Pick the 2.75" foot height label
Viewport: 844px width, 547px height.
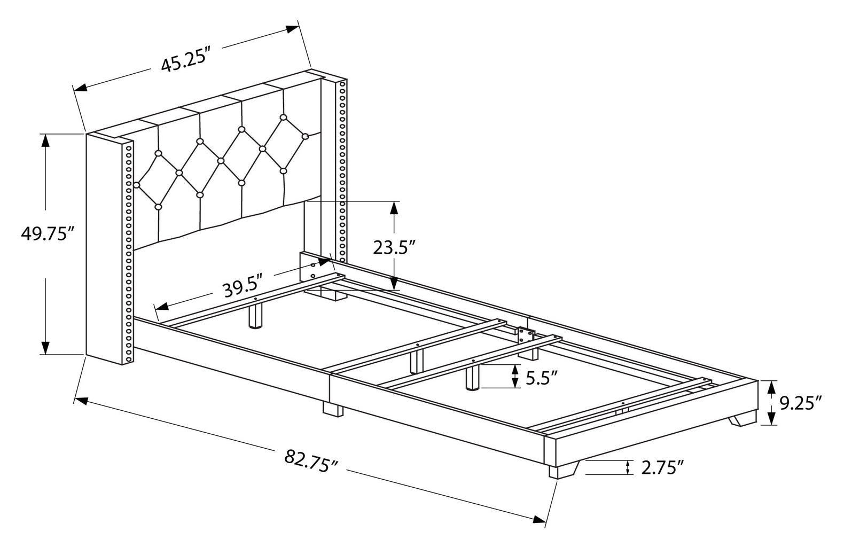pyautogui.click(x=663, y=468)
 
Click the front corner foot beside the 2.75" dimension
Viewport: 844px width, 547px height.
pyautogui.click(x=563, y=470)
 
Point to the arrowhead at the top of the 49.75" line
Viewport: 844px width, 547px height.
pyautogui.click(x=46, y=140)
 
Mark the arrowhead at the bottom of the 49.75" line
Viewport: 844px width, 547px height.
pyautogui.click(x=46, y=348)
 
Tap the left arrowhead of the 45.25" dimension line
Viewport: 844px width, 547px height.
pyautogui.click(x=80, y=87)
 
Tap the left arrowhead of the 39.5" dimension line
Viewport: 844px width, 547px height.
pyautogui.click(x=161, y=307)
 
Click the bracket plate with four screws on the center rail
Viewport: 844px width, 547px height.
pyautogui.click(x=525, y=334)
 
